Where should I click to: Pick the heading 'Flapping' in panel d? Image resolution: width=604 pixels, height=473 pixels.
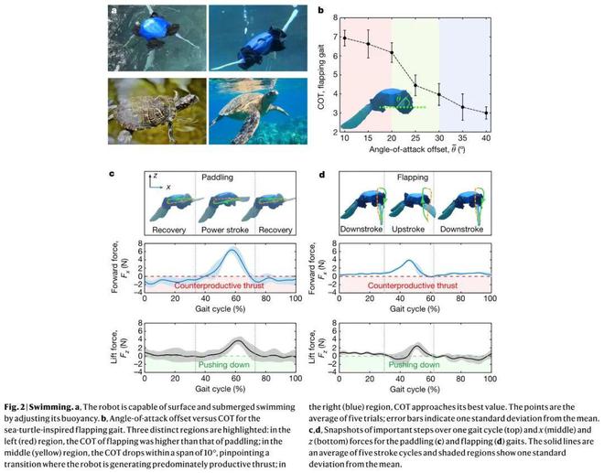pyautogui.click(x=416, y=176)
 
